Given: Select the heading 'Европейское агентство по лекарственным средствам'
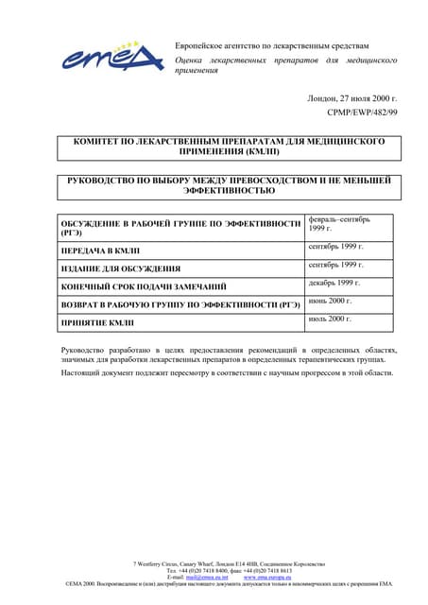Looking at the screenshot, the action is coord(272,45).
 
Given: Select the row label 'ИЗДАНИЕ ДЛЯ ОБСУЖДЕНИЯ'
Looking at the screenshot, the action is coord(120,268).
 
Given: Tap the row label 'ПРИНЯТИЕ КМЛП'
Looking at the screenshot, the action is coord(97,323).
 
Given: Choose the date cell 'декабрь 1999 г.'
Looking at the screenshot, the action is coord(334,283).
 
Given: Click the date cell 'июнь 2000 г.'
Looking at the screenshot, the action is coord(330,301).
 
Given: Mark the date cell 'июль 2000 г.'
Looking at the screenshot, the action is coord(330,320).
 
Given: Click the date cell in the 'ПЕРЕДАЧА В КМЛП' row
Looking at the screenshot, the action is coord(335,247).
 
